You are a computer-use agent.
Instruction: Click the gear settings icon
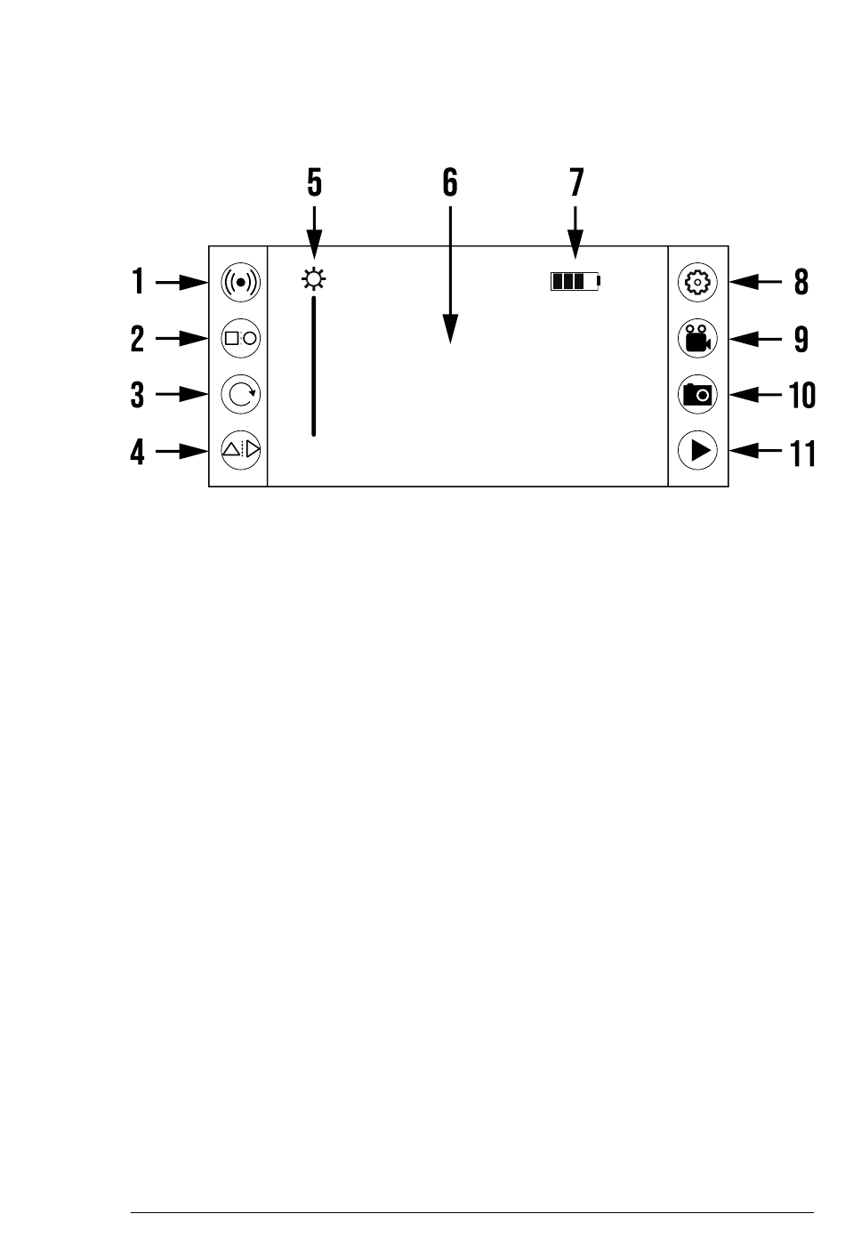pyautogui.click(x=697, y=283)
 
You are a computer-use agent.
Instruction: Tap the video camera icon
pyautogui.click(x=697, y=339)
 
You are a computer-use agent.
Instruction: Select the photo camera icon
pyautogui.click(x=697, y=394)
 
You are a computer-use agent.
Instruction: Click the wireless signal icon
pyautogui.click(x=240, y=283)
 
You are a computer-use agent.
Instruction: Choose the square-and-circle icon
pyautogui.click(x=240, y=338)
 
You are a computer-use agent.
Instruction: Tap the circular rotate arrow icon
pyautogui.click(x=240, y=394)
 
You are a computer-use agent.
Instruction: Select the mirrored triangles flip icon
pyautogui.click(x=240, y=450)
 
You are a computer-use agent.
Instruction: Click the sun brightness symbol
pyautogui.click(x=313, y=282)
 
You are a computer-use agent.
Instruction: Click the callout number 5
pyautogui.click(x=314, y=183)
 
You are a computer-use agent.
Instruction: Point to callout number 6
pyautogui.click(x=450, y=183)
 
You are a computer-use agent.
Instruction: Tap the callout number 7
pyautogui.click(x=576, y=183)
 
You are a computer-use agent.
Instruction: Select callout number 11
pyautogui.click(x=802, y=452)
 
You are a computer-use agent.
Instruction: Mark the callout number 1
pyautogui.click(x=138, y=283)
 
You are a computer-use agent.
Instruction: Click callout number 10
pyautogui.click(x=802, y=395)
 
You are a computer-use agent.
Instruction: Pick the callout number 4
pyautogui.click(x=137, y=452)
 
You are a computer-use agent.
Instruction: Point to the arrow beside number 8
pyautogui.click(x=755, y=283)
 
